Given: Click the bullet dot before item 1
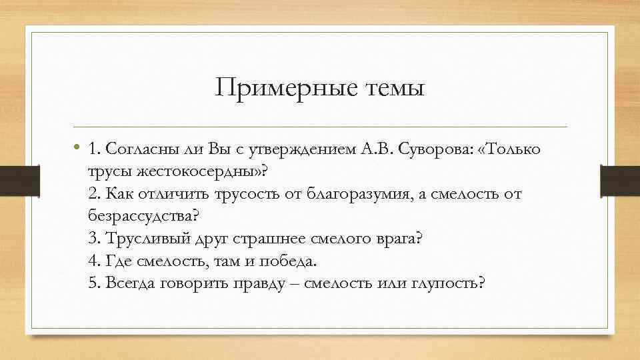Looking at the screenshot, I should tap(77, 149).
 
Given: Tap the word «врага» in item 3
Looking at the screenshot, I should tap(399, 238).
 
